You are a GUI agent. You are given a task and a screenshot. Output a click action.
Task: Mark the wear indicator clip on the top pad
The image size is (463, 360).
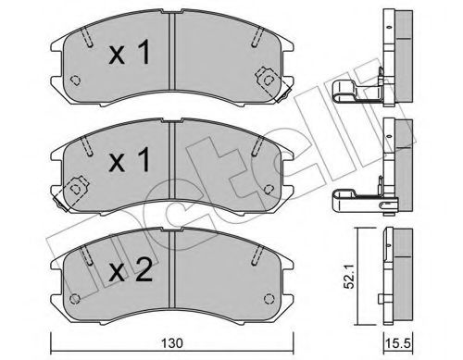click(270, 80)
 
